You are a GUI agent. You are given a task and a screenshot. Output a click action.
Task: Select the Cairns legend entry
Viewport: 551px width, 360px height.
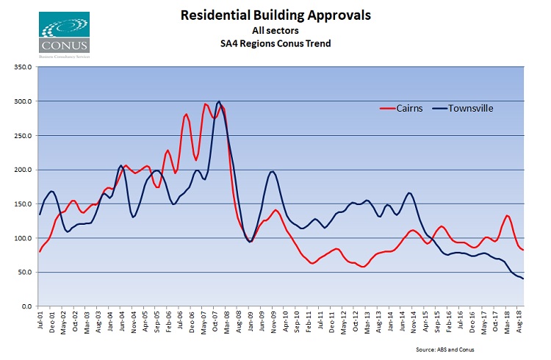408,108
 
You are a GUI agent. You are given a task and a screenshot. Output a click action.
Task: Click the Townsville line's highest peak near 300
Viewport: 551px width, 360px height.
219,101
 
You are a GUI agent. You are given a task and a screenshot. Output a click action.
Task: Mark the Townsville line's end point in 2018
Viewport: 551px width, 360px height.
523,278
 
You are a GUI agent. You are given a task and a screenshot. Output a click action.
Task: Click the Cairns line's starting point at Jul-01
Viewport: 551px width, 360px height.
40,251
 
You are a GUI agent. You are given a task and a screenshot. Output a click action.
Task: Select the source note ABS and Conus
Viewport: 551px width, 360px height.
484,348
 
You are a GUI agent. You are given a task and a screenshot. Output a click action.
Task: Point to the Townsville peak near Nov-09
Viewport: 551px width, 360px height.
273,171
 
